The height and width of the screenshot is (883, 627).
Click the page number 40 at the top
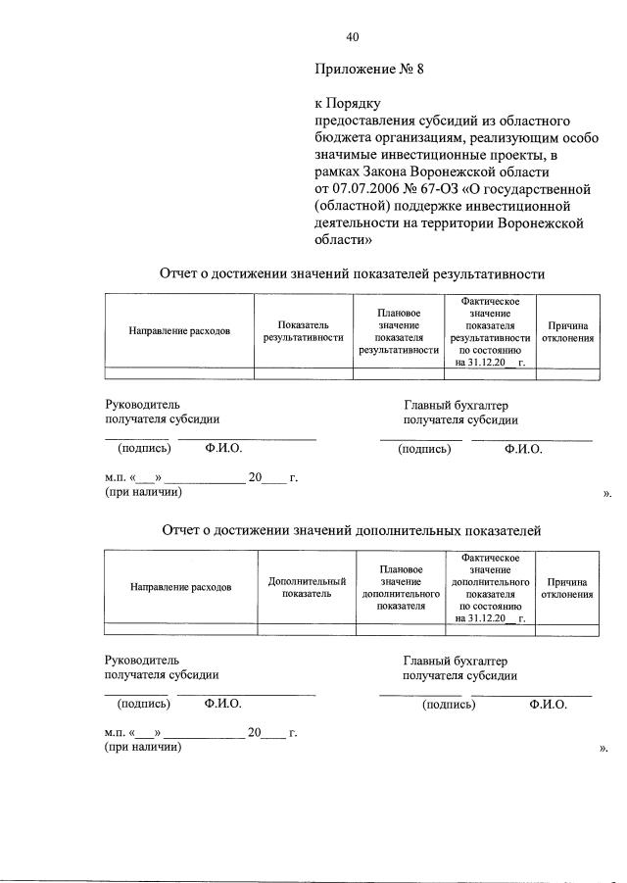[x=353, y=37]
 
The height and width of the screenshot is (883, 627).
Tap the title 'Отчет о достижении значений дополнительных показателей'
[x=351, y=530]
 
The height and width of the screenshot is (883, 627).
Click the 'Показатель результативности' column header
[x=303, y=330]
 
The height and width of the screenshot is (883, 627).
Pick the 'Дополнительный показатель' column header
[x=307, y=587]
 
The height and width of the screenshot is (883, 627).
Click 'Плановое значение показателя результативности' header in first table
[x=398, y=330]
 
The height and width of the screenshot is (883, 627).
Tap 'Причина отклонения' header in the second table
[x=567, y=587]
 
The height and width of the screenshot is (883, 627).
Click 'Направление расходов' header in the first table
[x=179, y=330]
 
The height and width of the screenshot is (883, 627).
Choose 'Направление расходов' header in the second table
[x=181, y=587]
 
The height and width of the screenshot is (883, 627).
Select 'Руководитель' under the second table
[x=142, y=660]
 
